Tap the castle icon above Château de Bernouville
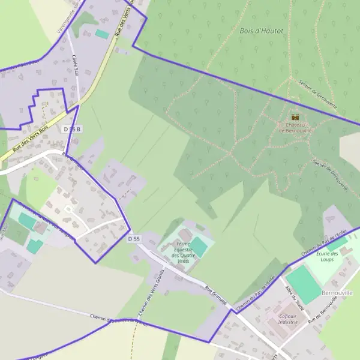[x=295, y=117]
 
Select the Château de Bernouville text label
[x=295, y=127]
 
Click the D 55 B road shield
[x=71, y=129]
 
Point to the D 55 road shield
[x=134, y=239]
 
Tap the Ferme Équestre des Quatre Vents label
[x=182, y=253]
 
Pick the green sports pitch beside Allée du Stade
[x=304, y=285]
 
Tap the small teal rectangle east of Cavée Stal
[x=102, y=35]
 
